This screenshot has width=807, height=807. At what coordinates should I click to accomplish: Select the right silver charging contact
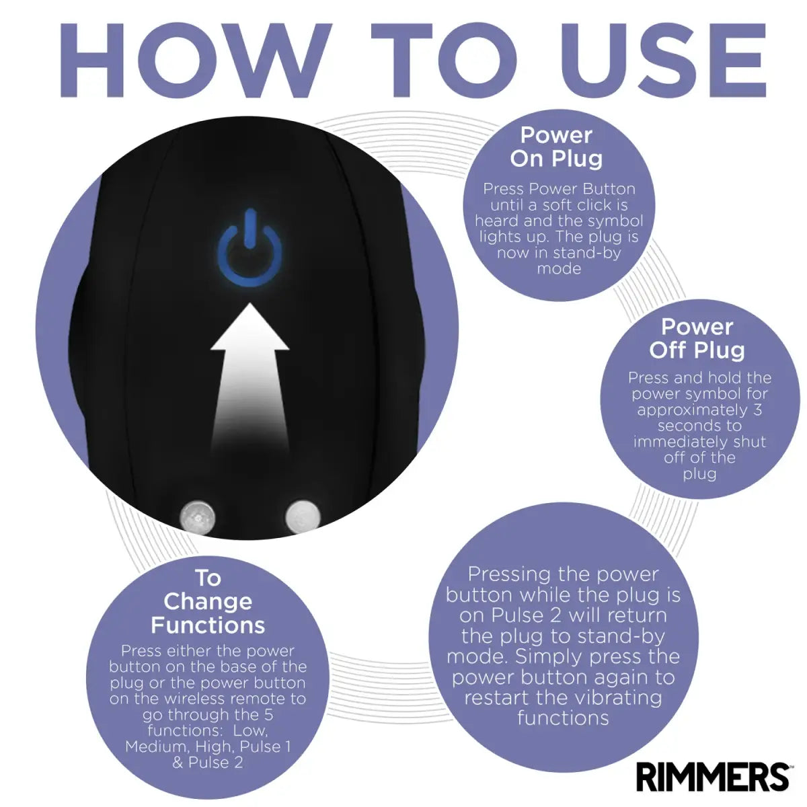[303, 516]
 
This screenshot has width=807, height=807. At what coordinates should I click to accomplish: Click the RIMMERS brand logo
[712, 777]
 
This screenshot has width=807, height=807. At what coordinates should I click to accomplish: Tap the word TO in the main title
[444, 61]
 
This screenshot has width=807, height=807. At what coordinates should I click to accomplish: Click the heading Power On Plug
[557, 147]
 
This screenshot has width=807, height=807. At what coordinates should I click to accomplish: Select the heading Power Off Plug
[697, 338]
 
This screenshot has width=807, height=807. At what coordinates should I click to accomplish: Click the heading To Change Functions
[208, 601]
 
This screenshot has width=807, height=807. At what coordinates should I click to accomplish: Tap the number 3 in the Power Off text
[757, 409]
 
